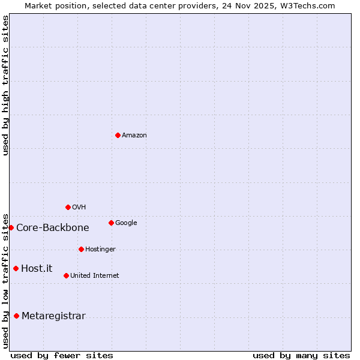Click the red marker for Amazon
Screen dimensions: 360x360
[x=118, y=135]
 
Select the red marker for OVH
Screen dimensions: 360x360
[x=68, y=207]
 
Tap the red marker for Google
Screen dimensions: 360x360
[x=111, y=223]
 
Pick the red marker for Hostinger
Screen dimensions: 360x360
[x=81, y=249]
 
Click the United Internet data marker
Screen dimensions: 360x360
[x=66, y=275]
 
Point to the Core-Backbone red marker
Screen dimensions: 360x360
[x=11, y=227]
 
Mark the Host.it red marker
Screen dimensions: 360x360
[x=16, y=268]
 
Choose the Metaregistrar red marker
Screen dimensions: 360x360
[x=16, y=316]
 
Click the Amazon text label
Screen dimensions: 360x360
[x=134, y=136]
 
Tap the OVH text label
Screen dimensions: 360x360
[x=79, y=208]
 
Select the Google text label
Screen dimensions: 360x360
[x=126, y=223]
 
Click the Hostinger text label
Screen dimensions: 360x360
[x=100, y=250]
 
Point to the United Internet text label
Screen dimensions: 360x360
[x=95, y=276]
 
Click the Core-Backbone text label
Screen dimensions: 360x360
[x=53, y=228]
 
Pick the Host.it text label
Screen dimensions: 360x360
[x=37, y=269]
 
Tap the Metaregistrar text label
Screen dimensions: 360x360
[x=53, y=316]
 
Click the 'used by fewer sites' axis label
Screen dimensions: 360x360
[x=62, y=356]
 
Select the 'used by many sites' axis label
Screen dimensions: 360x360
[x=301, y=356]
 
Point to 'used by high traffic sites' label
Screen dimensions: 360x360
[x=5, y=85]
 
